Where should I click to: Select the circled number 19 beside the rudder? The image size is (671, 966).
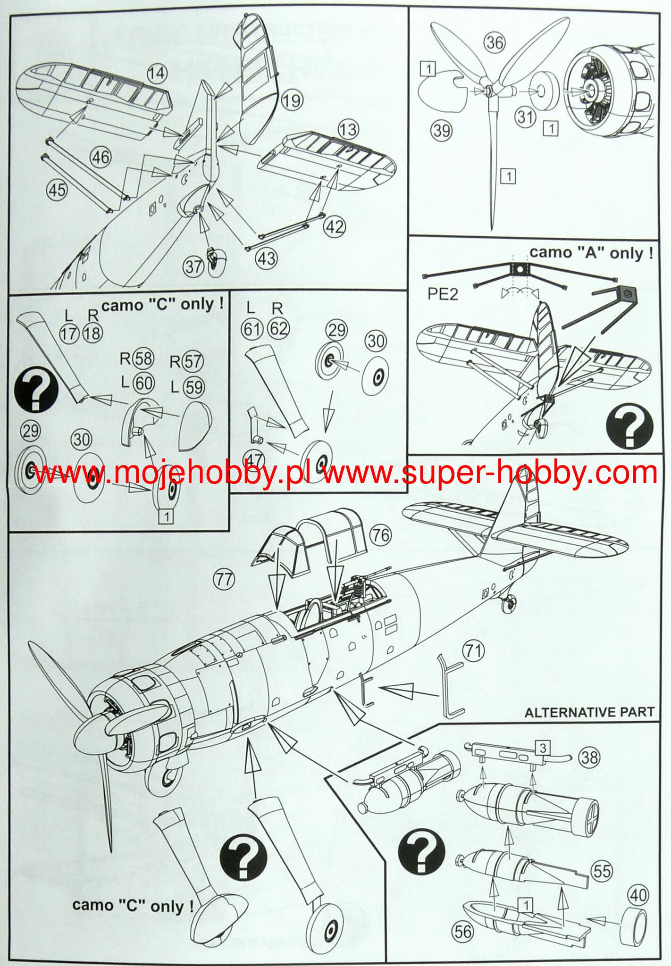[292, 100]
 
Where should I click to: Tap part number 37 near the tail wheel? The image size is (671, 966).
[193, 267]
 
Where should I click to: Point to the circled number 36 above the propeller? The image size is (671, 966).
[495, 43]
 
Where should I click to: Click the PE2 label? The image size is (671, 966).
[443, 293]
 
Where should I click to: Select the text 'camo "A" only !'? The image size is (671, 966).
[591, 253]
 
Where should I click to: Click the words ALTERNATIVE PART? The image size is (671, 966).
[589, 712]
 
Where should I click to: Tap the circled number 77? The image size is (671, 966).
[224, 579]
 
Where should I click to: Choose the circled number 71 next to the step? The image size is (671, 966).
[474, 651]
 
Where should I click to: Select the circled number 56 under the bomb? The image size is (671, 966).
[463, 931]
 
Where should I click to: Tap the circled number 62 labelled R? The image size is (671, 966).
[278, 328]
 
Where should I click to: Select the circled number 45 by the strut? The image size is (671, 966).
[57, 190]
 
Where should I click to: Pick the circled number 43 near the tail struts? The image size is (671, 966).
[267, 258]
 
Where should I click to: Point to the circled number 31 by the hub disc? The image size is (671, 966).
[525, 116]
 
